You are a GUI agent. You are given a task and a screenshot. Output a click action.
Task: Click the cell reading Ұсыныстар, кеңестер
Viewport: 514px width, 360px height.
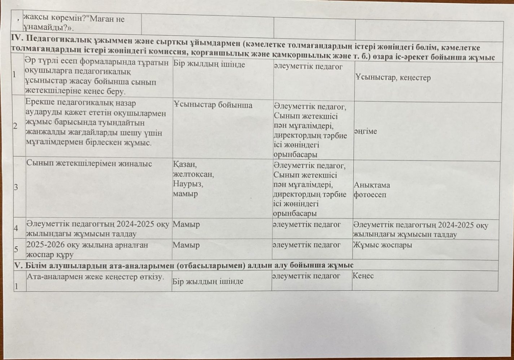click(393, 78)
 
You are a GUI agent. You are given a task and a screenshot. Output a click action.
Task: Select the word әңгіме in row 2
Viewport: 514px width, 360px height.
click(365, 131)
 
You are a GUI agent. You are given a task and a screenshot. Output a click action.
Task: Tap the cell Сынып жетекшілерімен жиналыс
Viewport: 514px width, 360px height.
click(89, 164)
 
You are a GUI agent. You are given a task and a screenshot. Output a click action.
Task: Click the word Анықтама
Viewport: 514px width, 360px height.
click(372, 185)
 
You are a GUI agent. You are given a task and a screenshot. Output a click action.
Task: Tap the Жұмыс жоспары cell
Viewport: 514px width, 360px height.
click(382, 245)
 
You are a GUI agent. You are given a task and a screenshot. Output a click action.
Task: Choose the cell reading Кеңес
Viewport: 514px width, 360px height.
click(363, 276)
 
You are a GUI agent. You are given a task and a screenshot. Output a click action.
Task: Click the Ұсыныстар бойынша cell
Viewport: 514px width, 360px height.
click(213, 105)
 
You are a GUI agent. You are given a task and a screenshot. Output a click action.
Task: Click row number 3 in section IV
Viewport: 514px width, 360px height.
click(16, 187)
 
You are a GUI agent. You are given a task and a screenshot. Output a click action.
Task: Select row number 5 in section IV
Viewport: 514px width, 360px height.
click(16, 249)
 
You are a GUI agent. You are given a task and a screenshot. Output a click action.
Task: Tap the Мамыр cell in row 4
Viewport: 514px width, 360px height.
click(186, 224)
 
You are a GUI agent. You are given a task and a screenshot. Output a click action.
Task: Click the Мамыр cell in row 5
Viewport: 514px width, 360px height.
click(186, 245)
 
